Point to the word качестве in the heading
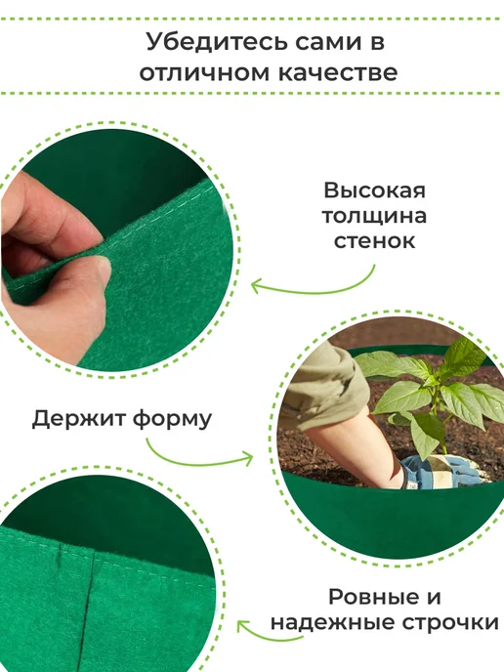[x=338, y=73]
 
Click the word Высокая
[x=374, y=190]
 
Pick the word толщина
[x=374, y=216]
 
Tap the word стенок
[x=374, y=241]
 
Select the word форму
[x=172, y=420]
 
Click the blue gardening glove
[x=438, y=471]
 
